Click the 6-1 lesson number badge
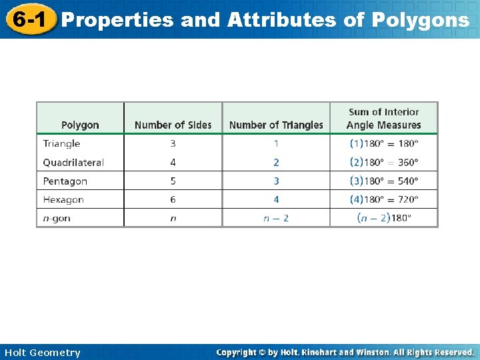pos(28,19)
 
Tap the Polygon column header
pos(80,125)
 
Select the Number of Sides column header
pos(173,125)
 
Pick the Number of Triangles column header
pos(276,125)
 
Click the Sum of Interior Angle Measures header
pos(384,119)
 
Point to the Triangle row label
pos(61,143)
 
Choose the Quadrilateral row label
pos(73,162)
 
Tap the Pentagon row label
pos(65,181)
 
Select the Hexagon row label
pos(63,199)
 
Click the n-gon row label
pos(57,218)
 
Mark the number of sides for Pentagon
pos(173,181)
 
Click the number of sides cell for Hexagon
pos(173,199)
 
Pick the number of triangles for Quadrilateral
pos(276,162)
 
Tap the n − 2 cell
pos(276,218)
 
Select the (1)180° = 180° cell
pos(384,143)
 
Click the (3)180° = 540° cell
pos(384,181)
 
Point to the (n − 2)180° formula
pos(384,218)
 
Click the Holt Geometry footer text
pos(42,353)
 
